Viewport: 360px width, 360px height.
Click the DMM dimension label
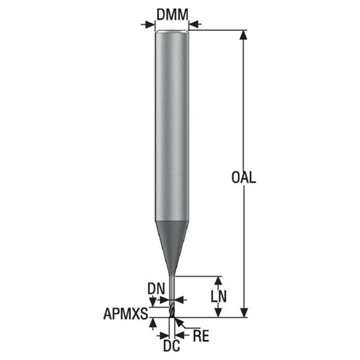point(172,13)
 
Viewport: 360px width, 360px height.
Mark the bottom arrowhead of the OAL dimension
point(245,312)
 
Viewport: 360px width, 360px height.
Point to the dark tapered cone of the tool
point(172,234)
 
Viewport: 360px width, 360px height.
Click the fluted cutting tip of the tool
point(173,310)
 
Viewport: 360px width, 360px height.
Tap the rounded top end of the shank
point(172,34)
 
